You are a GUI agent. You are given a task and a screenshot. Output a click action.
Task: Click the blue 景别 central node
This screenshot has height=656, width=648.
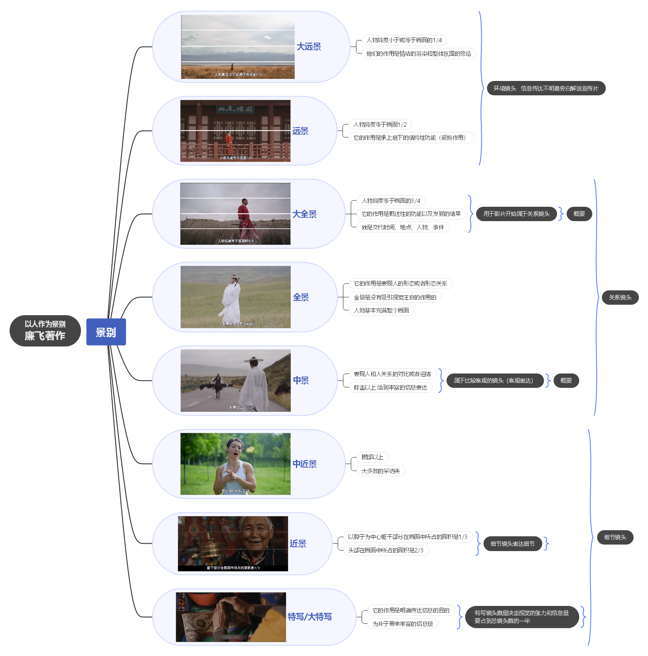(x=106, y=332)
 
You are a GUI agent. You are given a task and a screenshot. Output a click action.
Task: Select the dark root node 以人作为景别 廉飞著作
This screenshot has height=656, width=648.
(x=45, y=331)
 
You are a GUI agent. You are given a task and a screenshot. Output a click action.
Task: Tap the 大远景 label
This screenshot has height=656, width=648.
(x=309, y=47)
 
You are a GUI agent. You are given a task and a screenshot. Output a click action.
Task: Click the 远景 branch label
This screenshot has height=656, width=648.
(x=300, y=131)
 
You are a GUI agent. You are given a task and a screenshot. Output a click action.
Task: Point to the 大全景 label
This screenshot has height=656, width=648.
(x=304, y=214)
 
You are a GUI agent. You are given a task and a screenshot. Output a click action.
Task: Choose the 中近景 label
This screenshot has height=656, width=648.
(x=304, y=464)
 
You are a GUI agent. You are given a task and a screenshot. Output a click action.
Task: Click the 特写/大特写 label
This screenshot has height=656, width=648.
(x=309, y=617)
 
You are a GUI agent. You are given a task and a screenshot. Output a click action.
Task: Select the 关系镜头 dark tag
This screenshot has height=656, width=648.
(x=620, y=298)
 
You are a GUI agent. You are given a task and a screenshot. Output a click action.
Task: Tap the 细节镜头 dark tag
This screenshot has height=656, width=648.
(x=615, y=538)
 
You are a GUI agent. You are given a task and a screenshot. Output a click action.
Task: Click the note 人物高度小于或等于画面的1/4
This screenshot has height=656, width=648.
(x=404, y=40)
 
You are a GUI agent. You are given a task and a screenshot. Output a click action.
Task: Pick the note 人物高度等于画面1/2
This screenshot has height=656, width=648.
(x=380, y=125)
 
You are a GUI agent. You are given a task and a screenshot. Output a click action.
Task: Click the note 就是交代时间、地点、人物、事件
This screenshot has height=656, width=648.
(x=403, y=227)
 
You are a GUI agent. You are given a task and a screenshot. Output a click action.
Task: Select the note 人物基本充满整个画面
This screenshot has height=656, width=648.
(x=381, y=311)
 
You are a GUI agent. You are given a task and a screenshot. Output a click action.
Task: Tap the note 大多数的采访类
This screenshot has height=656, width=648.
(x=380, y=471)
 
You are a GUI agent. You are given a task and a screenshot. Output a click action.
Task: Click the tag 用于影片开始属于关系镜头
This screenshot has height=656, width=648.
(x=516, y=214)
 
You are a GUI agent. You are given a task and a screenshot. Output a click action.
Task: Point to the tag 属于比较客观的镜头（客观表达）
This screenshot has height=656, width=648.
(x=495, y=381)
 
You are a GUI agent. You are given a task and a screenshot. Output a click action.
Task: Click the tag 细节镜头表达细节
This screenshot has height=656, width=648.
(x=512, y=544)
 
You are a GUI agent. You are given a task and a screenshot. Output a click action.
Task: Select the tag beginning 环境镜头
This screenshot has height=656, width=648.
(x=546, y=88)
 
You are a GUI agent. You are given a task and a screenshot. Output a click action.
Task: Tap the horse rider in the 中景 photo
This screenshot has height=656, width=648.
(x=217, y=384)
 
